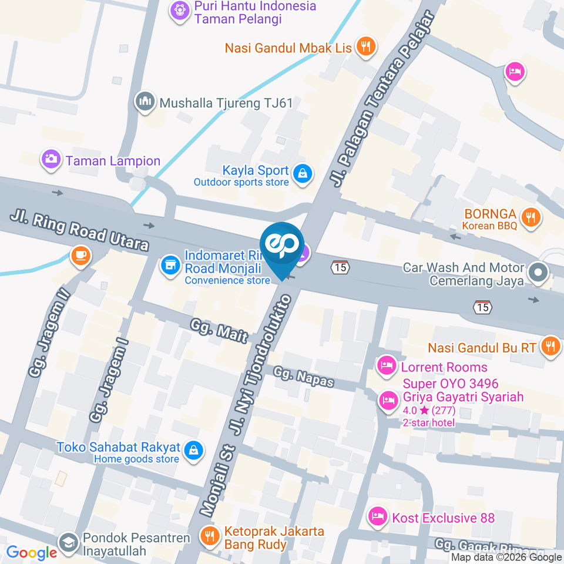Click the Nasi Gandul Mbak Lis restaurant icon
point(366,46)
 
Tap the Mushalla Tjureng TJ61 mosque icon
point(144,102)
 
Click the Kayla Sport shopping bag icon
point(303,173)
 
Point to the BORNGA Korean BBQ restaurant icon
point(531,217)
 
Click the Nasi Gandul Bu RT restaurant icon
point(550,346)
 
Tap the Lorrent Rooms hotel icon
point(385,365)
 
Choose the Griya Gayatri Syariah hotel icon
point(387,400)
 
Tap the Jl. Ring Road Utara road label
point(79,231)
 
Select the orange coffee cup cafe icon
point(80,256)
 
